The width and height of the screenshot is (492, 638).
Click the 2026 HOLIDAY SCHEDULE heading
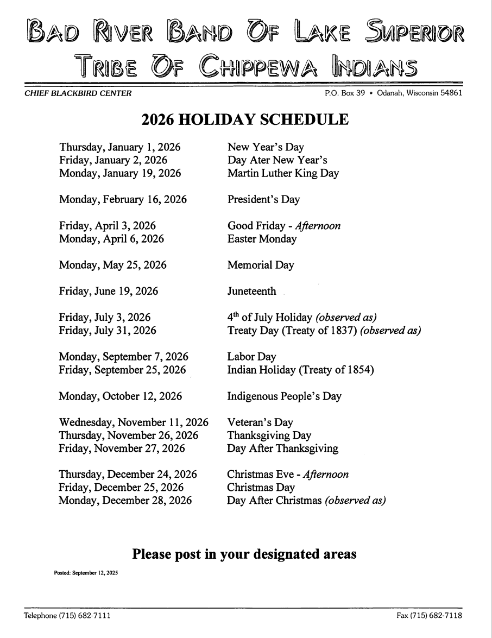coord(245,119)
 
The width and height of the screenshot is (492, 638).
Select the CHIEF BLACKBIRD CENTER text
coord(77,93)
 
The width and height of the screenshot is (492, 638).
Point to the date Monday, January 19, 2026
coord(120,174)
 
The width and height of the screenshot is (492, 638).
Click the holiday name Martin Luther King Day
coord(283,174)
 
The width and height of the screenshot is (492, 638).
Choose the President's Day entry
coord(263,200)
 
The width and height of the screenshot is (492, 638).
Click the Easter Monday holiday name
coord(262,239)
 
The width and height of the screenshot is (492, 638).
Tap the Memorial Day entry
coord(261,266)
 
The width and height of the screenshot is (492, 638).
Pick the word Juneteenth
coord(251,292)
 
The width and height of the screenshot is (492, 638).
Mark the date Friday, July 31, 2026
coord(107,331)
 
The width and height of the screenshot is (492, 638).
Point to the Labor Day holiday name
coord(251,357)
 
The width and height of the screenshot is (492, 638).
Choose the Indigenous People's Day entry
coord(284,396)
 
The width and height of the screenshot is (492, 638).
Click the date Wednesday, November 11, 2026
coord(134,422)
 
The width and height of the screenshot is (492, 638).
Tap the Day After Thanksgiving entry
coord(282,449)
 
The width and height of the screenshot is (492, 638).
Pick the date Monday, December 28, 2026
coord(125,501)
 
